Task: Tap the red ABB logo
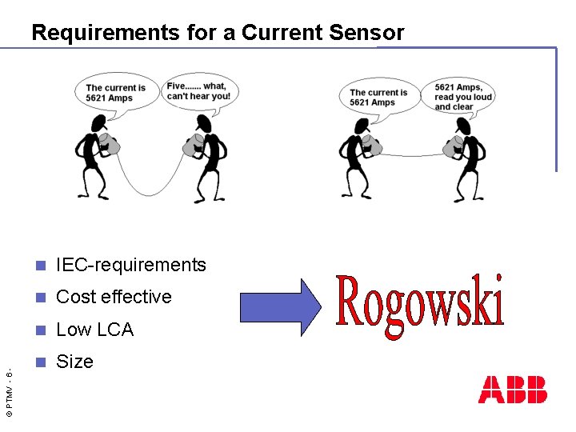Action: [513, 390]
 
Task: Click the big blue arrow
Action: [280, 306]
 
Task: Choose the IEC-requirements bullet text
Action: [131, 265]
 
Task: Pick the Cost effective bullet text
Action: [114, 297]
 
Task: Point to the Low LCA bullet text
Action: [94, 330]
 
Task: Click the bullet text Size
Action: [74, 362]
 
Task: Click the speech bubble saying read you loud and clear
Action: [462, 97]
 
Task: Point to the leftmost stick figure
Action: [95, 156]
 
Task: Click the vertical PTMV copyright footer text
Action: [8, 392]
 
